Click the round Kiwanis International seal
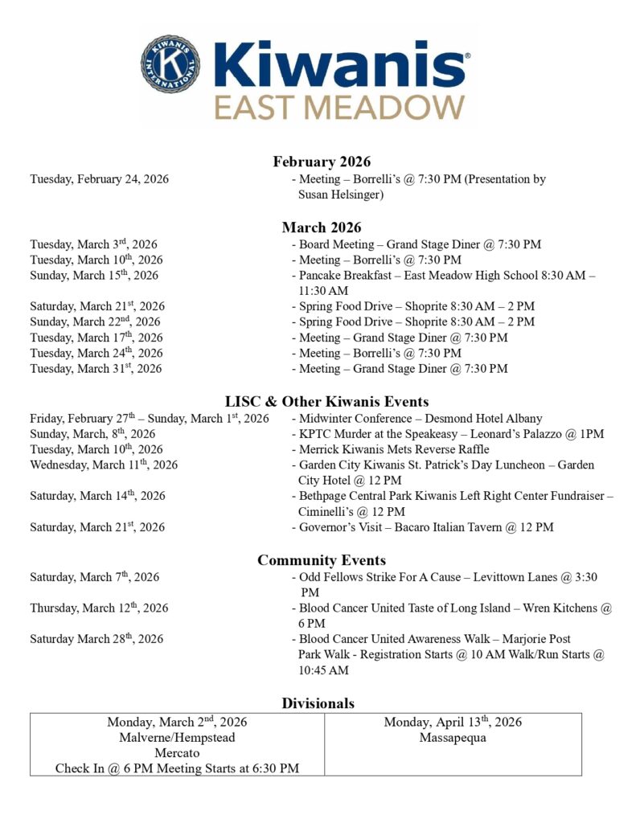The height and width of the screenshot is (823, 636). pos(171,63)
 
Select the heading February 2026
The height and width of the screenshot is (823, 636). pos(322,162)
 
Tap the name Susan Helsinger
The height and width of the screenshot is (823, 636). pos(341,194)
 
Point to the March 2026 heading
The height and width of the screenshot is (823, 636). pos(322,227)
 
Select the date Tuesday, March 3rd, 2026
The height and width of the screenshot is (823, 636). pos(93,244)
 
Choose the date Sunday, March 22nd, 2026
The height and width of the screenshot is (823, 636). pos(95,321)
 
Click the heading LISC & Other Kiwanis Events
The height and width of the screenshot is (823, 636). pos(326,401)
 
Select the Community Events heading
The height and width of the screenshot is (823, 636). pos(322,560)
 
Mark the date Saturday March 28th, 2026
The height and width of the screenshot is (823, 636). pos(96,639)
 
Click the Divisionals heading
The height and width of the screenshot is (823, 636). pos(318,703)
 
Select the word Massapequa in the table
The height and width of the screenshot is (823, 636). pos(453,738)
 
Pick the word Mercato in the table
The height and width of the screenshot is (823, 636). pos(177,753)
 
